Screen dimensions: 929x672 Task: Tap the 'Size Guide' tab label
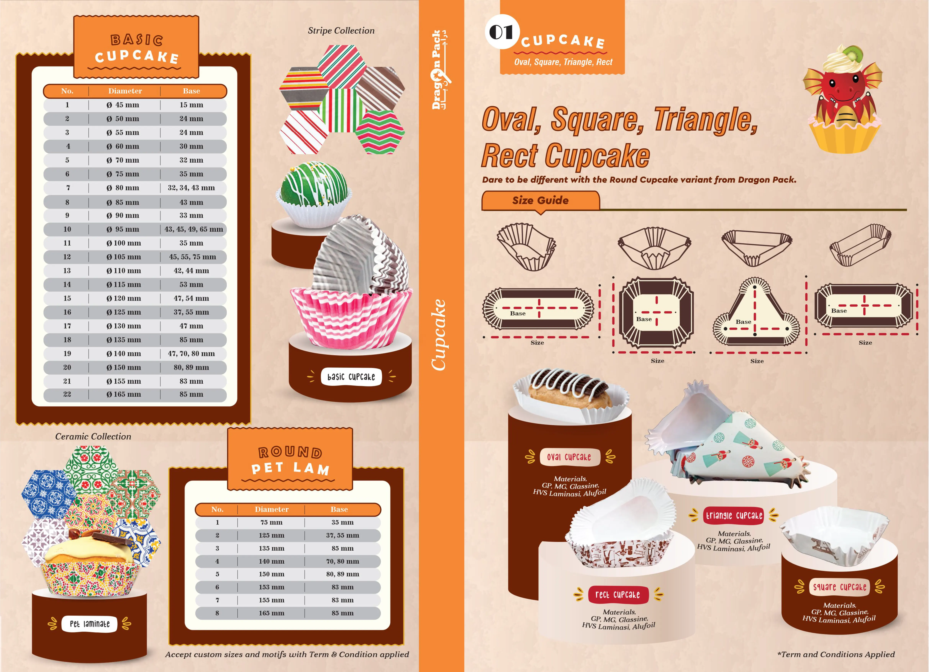[x=540, y=200]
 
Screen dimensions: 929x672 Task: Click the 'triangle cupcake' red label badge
[x=734, y=516]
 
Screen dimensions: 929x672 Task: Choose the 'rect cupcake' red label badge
[x=618, y=595]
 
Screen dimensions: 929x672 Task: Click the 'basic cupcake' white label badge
[x=351, y=377]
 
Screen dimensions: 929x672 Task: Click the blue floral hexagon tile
[x=48, y=494]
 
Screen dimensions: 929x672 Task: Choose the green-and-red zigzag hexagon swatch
[x=380, y=132]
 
